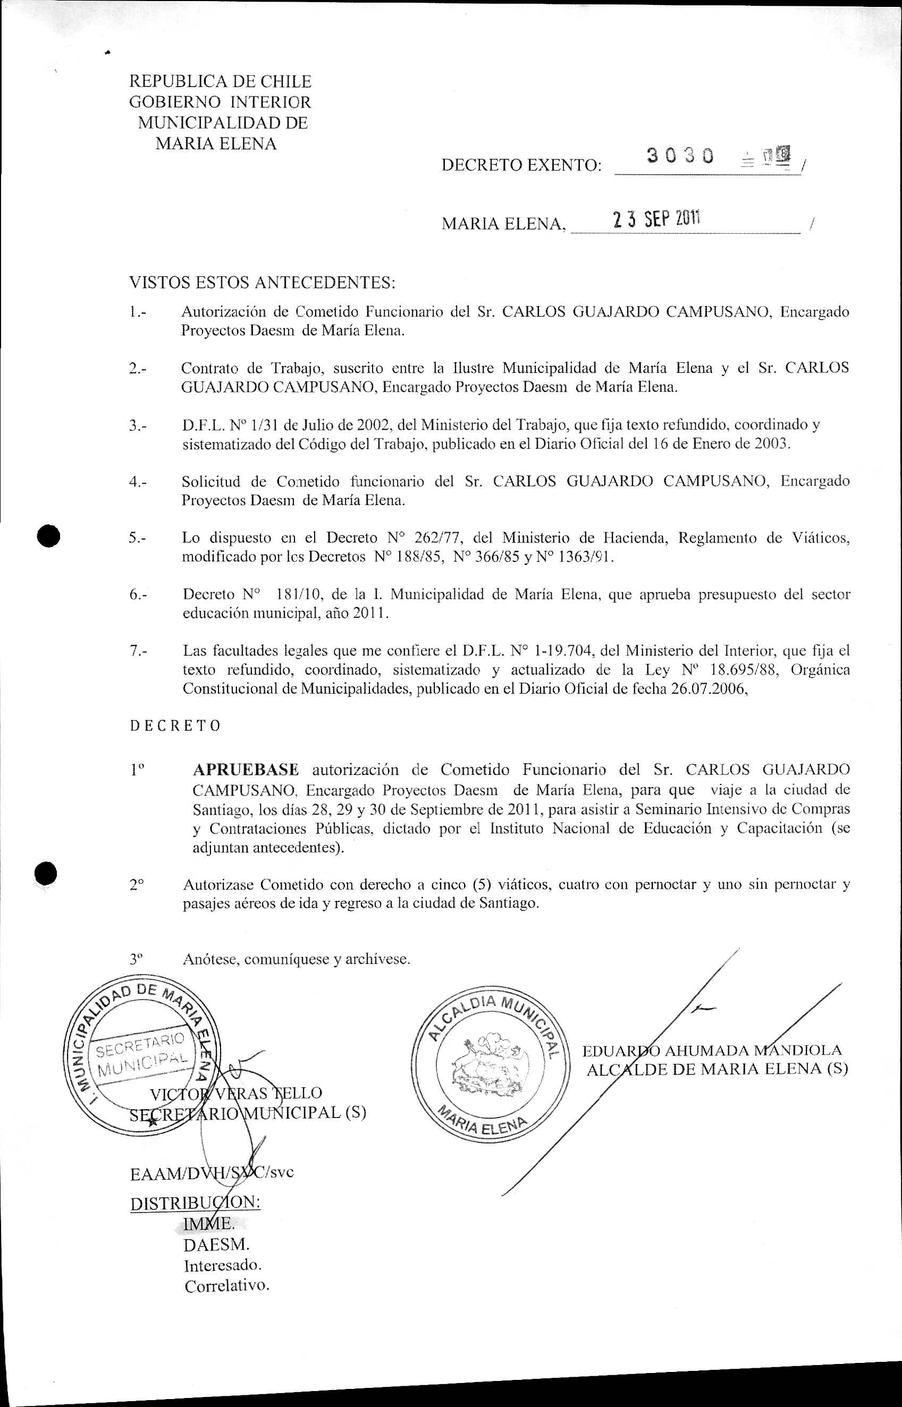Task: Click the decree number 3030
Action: [x=680, y=155]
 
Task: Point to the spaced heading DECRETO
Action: [x=175, y=726]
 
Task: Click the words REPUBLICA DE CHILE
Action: [x=220, y=81]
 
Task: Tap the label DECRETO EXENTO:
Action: [x=521, y=166]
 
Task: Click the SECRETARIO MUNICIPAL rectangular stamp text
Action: [x=142, y=1053]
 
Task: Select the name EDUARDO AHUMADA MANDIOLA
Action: [x=712, y=1051]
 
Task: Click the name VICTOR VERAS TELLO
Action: [x=236, y=1093]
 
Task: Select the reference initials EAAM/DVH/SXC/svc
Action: [x=212, y=1172]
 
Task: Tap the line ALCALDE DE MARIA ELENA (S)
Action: [x=717, y=1069]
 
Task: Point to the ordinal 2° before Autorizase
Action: [x=137, y=884]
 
